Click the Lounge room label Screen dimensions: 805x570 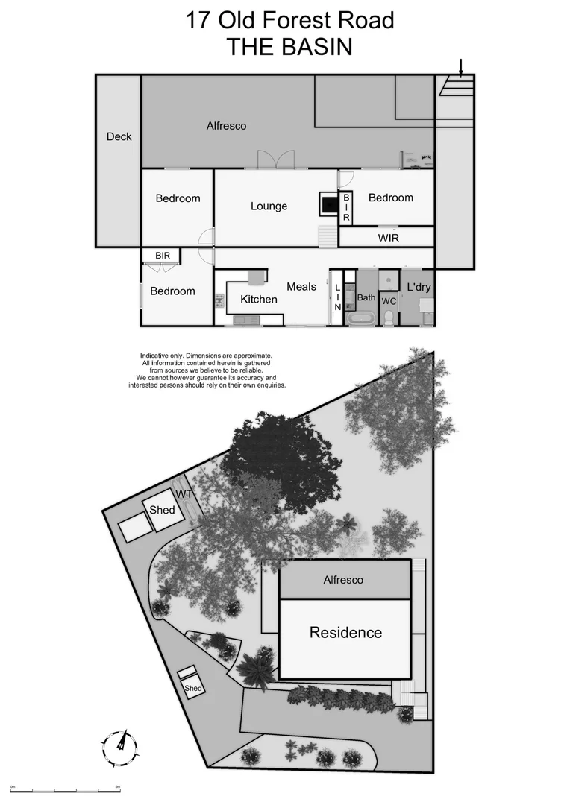tap(269, 206)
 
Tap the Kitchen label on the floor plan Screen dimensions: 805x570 tap(258, 300)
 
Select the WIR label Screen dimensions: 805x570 tap(389, 239)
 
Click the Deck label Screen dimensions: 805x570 tap(119, 136)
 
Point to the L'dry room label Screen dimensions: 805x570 tap(419, 287)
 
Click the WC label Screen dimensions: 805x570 tap(389, 302)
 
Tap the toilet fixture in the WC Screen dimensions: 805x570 tap(389, 318)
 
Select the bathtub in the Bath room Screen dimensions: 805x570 tap(363, 320)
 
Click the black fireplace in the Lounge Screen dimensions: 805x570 tap(329, 203)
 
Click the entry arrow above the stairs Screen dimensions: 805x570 tap(461, 69)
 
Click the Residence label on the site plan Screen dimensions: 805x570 tap(345, 633)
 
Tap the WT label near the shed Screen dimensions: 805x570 tap(184, 494)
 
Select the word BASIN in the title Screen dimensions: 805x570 tap(313, 46)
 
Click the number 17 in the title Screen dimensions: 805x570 tap(198, 20)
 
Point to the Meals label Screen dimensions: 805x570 tap(301, 286)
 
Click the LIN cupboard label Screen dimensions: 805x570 tap(337, 297)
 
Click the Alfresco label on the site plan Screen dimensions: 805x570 tap(343, 579)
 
